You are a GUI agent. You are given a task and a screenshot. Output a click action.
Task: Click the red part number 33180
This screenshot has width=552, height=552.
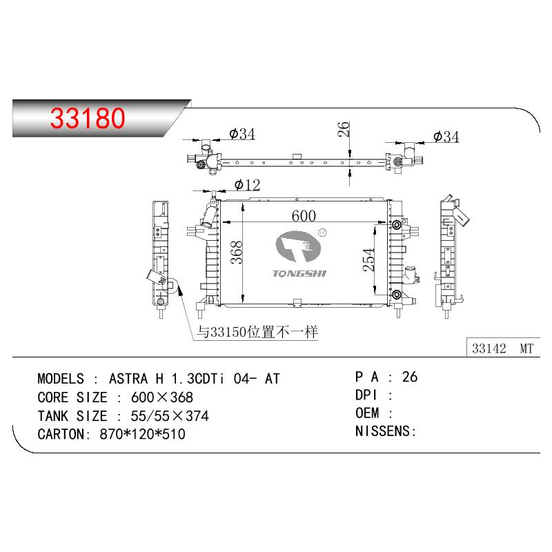(88, 118)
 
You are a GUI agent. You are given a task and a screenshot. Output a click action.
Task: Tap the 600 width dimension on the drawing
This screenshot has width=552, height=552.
(304, 216)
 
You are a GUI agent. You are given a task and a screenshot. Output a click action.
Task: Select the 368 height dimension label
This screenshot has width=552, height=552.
(237, 253)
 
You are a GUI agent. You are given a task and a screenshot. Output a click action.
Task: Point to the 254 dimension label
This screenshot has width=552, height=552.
(368, 260)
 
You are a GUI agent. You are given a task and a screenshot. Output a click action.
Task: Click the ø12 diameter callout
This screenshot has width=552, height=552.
(247, 185)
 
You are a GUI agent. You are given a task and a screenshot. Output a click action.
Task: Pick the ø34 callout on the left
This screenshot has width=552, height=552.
(242, 134)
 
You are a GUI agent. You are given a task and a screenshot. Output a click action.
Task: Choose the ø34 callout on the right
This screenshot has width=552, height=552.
(446, 137)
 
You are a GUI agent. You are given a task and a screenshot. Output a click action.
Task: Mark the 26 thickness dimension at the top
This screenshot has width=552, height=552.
(343, 129)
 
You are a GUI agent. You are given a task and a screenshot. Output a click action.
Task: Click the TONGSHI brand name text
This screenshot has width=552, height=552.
(299, 273)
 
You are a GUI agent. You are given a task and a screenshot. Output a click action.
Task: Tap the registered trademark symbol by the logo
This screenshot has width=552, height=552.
(322, 233)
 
